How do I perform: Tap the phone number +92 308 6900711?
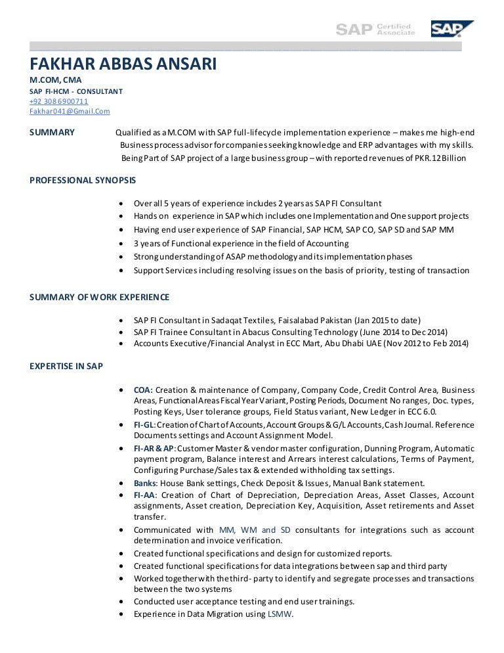(x=59, y=101)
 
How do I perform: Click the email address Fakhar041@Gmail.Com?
(x=70, y=112)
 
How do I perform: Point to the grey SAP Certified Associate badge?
(x=375, y=28)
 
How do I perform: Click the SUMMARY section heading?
(x=52, y=132)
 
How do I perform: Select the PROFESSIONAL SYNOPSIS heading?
(x=83, y=179)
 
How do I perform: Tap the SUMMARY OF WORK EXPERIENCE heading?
(x=100, y=297)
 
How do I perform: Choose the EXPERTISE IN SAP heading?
(x=66, y=366)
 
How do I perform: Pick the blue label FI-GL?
(x=143, y=425)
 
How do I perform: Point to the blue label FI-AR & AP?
(x=154, y=448)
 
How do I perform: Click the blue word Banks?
(x=145, y=484)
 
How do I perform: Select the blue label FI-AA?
(x=144, y=495)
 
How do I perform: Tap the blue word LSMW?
(x=279, y=614)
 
